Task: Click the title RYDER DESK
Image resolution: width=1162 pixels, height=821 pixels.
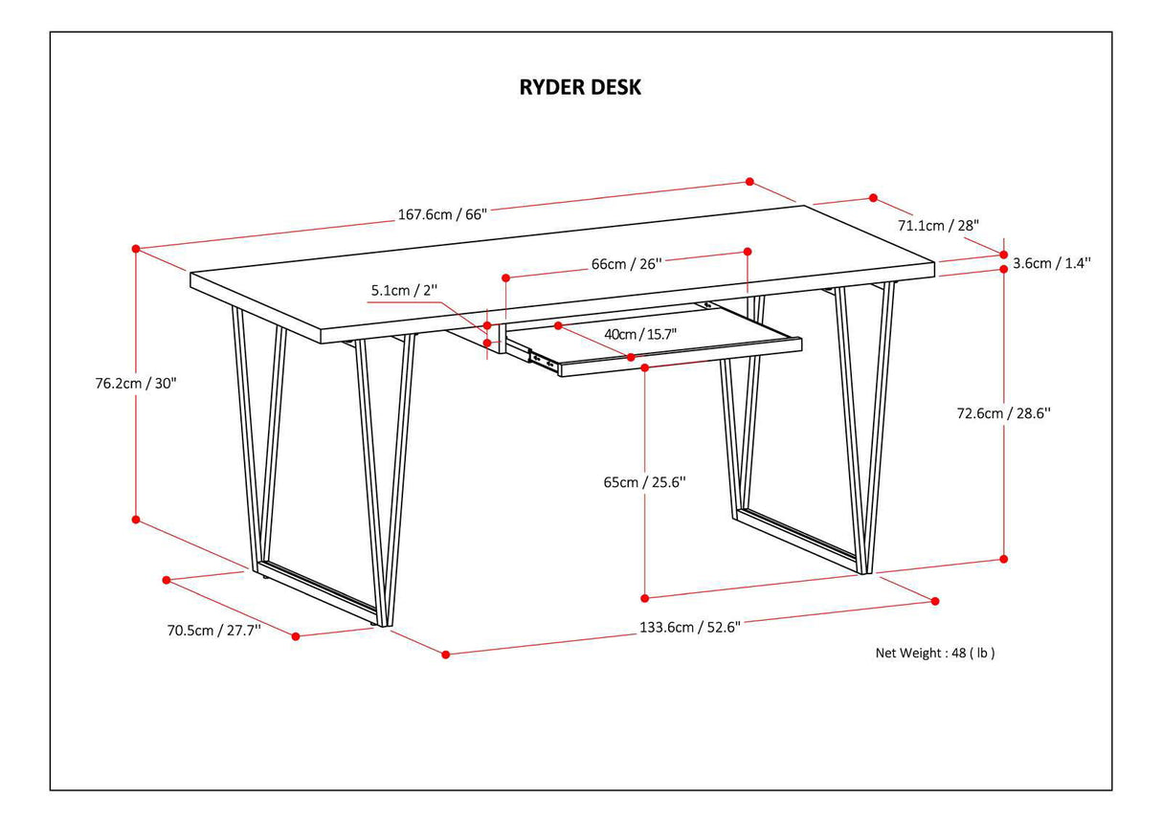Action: click(580, 87)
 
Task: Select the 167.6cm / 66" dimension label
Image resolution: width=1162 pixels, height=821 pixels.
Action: click(442, 214)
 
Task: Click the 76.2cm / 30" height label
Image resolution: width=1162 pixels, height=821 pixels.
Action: click(131, 382)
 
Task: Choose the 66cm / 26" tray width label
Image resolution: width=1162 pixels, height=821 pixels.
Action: click(627, 264)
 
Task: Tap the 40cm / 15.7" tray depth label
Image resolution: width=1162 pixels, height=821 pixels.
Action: click(640, 334)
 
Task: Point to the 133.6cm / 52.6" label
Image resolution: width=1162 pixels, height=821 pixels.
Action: click(689, 628)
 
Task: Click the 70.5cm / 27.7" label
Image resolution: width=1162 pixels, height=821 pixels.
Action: click(213, 631)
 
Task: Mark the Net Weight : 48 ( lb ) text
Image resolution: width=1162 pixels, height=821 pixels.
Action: click(935, 654)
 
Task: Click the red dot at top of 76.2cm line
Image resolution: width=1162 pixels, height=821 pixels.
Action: click(136, 249)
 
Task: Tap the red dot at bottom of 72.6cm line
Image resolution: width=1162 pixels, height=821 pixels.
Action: click(1004, 559)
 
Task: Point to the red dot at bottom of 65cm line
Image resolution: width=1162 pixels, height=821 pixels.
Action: click(645, 597)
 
